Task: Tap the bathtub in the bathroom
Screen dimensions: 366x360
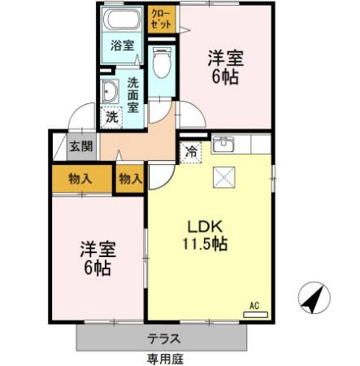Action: pos(123,20)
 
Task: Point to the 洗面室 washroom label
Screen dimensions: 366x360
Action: pos(132,95)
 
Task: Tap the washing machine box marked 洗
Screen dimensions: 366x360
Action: pos(112,116)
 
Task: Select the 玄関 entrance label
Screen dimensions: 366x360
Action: pos(80,147)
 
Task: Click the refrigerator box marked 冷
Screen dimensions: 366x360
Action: pos(191,150)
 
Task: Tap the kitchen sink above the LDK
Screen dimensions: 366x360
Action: pos(223,146)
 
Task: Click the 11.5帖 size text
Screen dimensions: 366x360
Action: pos(205,243)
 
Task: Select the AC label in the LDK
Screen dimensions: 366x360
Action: pos(254,306)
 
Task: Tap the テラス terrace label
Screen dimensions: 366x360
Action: pos(163,338)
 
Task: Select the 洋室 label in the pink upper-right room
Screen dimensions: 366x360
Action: pos(225,59)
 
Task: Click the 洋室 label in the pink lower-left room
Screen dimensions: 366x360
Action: pos(97,250)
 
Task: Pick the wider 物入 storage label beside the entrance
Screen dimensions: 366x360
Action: pos(80,178)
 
